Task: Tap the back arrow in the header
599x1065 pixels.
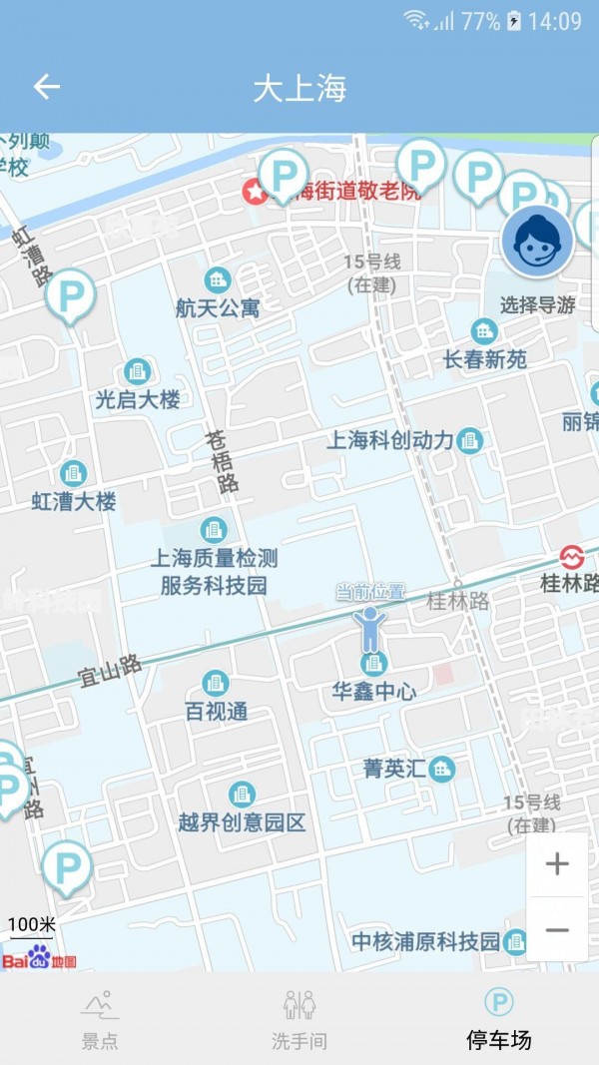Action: click(47, 88)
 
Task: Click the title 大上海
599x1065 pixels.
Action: click(299, 89)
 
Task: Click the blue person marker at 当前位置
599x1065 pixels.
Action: click(370, 629)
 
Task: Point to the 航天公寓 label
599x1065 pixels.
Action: click(218, 308)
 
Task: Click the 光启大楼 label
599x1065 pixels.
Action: click(138, 399)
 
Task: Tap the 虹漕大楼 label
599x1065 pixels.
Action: click(74, 501)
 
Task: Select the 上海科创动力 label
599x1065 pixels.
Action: click(390, 440)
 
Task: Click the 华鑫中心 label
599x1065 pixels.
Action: click(374, 691)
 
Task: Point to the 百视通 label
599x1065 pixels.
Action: click(217, 712)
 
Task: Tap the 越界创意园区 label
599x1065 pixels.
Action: click(242, 822)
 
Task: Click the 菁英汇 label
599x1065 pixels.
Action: click(394, 769)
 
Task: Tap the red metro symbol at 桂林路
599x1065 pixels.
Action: click(571, 557)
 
